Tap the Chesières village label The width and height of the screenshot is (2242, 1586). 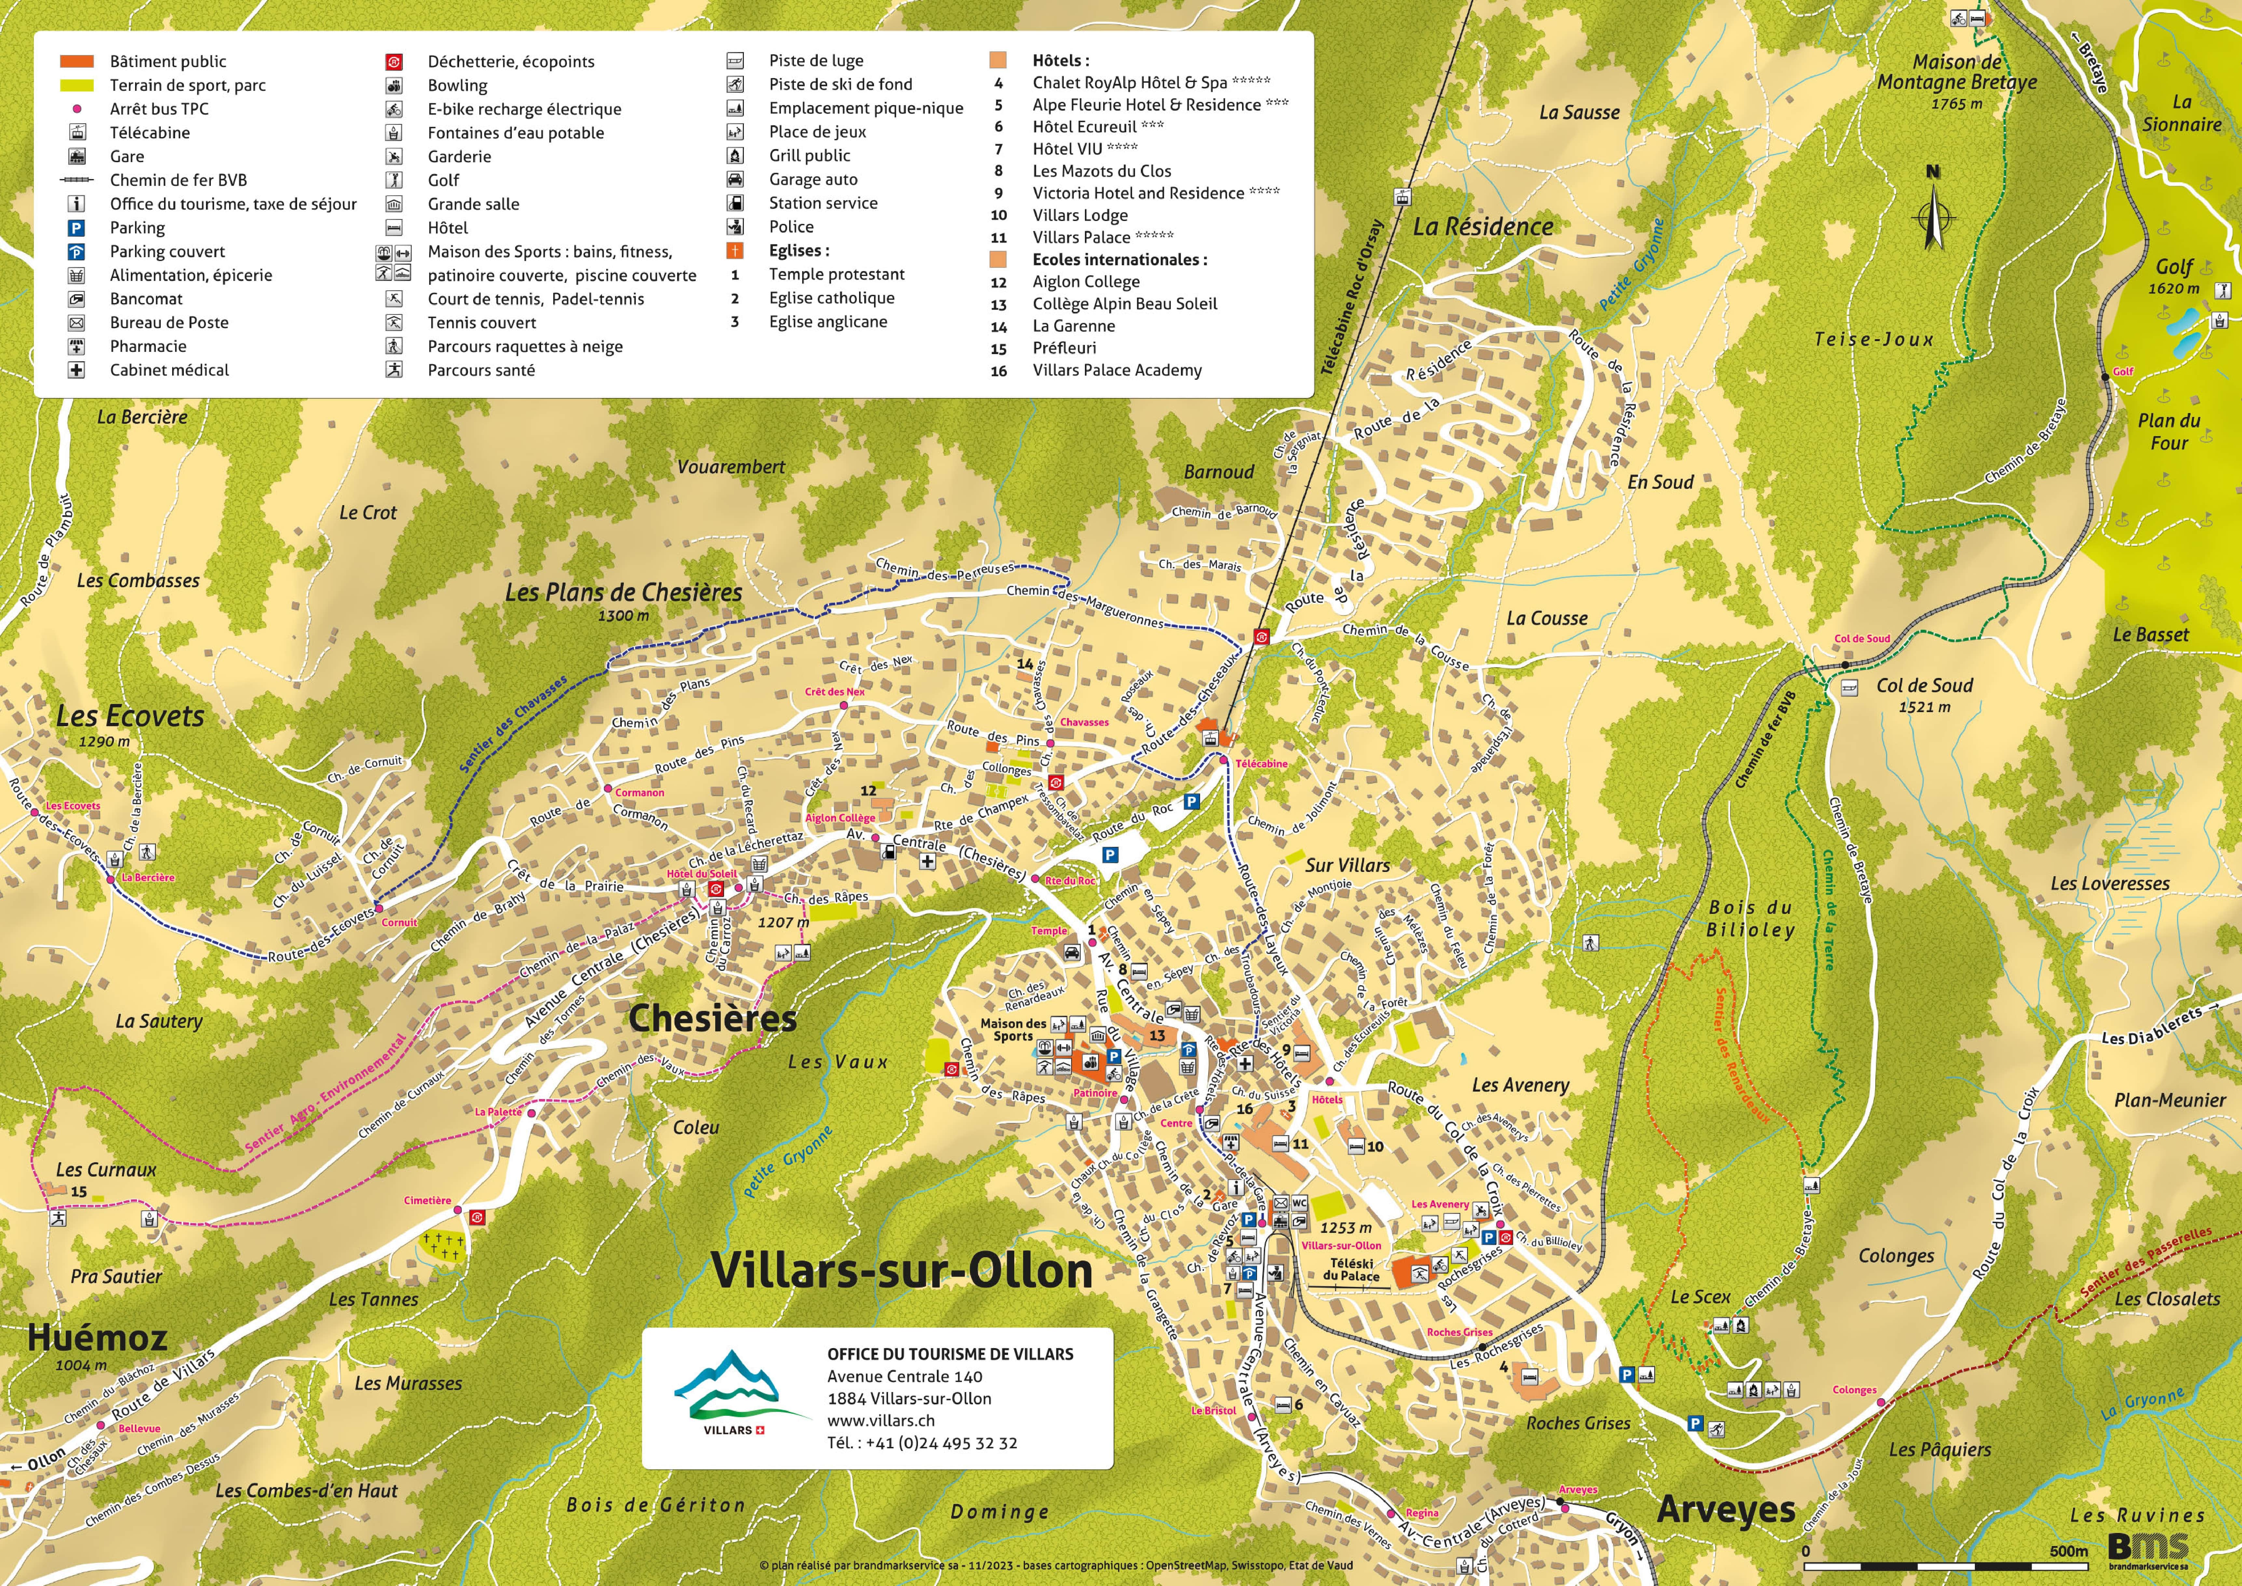pos(713,1019)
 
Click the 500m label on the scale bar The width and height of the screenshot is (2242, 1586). pos(2068,1551)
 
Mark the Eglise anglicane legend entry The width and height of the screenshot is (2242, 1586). pos(827,321)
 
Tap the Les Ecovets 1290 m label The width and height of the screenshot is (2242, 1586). pos(130,724)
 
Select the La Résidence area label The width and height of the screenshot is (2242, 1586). pos(1482,227)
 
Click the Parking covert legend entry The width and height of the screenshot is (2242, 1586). pos(167,251)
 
